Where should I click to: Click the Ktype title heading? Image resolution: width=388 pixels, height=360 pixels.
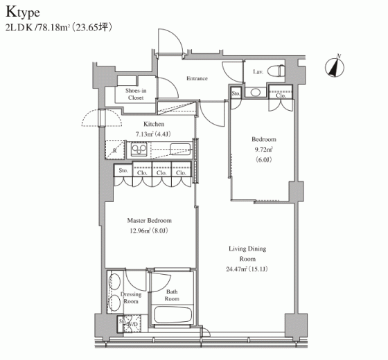tap(23, 12)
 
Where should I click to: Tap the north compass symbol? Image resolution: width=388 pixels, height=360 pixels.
tap(335, 66)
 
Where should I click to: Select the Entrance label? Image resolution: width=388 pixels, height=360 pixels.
tap(197, 78)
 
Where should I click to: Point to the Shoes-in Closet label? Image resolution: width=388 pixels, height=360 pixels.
tap(136, 94)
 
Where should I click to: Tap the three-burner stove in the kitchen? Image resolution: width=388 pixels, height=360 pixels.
tap(139, 150)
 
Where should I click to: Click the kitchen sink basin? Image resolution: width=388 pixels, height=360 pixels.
tap(180, 150)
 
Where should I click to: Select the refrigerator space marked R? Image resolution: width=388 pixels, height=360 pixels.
tap(114, 150)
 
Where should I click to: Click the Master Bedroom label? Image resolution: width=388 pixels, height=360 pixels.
tap(149, 220)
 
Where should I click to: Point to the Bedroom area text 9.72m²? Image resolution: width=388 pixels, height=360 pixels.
tap(264, 150)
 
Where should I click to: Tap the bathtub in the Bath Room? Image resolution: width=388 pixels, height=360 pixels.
tap(173, 315)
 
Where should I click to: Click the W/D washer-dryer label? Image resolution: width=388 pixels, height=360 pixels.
tap(133, 324)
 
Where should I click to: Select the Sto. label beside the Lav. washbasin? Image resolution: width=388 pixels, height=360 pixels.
tap(236, 93)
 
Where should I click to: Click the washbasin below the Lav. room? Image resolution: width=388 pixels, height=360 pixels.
tap(256, 93)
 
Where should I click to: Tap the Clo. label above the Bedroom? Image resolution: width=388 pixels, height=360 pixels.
tap(281, 96)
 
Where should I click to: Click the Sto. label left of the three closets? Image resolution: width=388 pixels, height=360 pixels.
tap(123, 170)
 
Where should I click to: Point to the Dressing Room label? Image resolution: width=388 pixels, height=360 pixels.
tap(131, 298)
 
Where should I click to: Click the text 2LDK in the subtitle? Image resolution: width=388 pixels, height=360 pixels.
tap(19, 28)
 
